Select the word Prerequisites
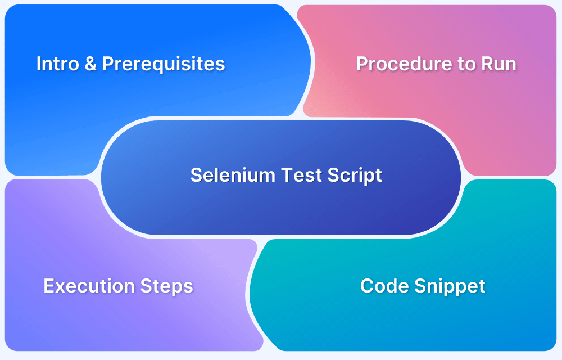(163, 64)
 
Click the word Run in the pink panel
(498, 64)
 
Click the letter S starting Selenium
(196, 175)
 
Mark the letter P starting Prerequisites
(107, 64)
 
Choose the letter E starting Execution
(48, 286)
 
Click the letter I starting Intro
(39, 64)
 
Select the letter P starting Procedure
(362, 64)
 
